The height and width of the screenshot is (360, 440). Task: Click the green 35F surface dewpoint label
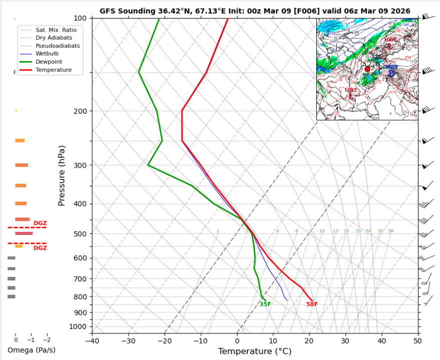[x=265, y=304]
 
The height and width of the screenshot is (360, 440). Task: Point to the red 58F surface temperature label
[x=312, y=304]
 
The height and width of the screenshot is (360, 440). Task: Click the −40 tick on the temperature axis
[x=92, y=341]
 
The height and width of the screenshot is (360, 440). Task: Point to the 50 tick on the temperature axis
[x=418, y=341]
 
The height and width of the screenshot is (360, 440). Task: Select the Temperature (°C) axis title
[x=255, y=351]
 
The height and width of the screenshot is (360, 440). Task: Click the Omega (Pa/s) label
[x=32, y=349]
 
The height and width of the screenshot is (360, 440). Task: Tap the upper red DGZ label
[x=40, y=223]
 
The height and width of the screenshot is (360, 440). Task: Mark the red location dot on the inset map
[x=367, y=69]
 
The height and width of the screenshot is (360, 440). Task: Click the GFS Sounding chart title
[x=255, y=11]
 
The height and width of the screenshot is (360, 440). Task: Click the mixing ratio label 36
[x=390, y=231]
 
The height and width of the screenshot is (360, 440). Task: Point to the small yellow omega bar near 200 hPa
[x=16, y=111]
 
